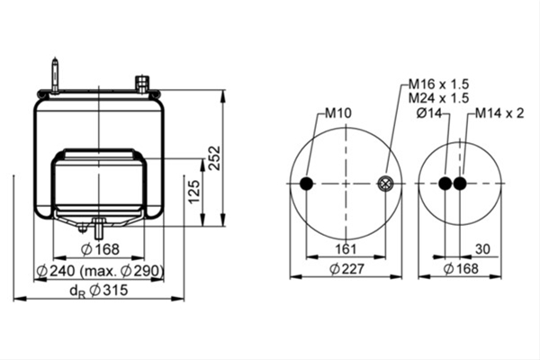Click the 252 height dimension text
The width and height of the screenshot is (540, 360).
click(x=215, y=157)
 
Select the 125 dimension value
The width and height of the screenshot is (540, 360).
click(x=194, y=192)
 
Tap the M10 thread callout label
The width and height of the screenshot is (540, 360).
click(x=338, y=113)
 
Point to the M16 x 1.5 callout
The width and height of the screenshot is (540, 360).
click(x=439, y=84)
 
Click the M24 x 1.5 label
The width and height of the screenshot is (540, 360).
click(x=439, y=98)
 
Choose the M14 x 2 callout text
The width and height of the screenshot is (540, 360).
click(x=499, y=113)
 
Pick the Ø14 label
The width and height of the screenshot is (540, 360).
click(x=429, y=113)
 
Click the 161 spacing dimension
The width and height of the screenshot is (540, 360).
click(x=346, y=248)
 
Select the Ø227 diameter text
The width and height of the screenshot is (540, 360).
click(x=346, y=269)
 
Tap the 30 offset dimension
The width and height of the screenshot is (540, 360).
click(x=482, y=248)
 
